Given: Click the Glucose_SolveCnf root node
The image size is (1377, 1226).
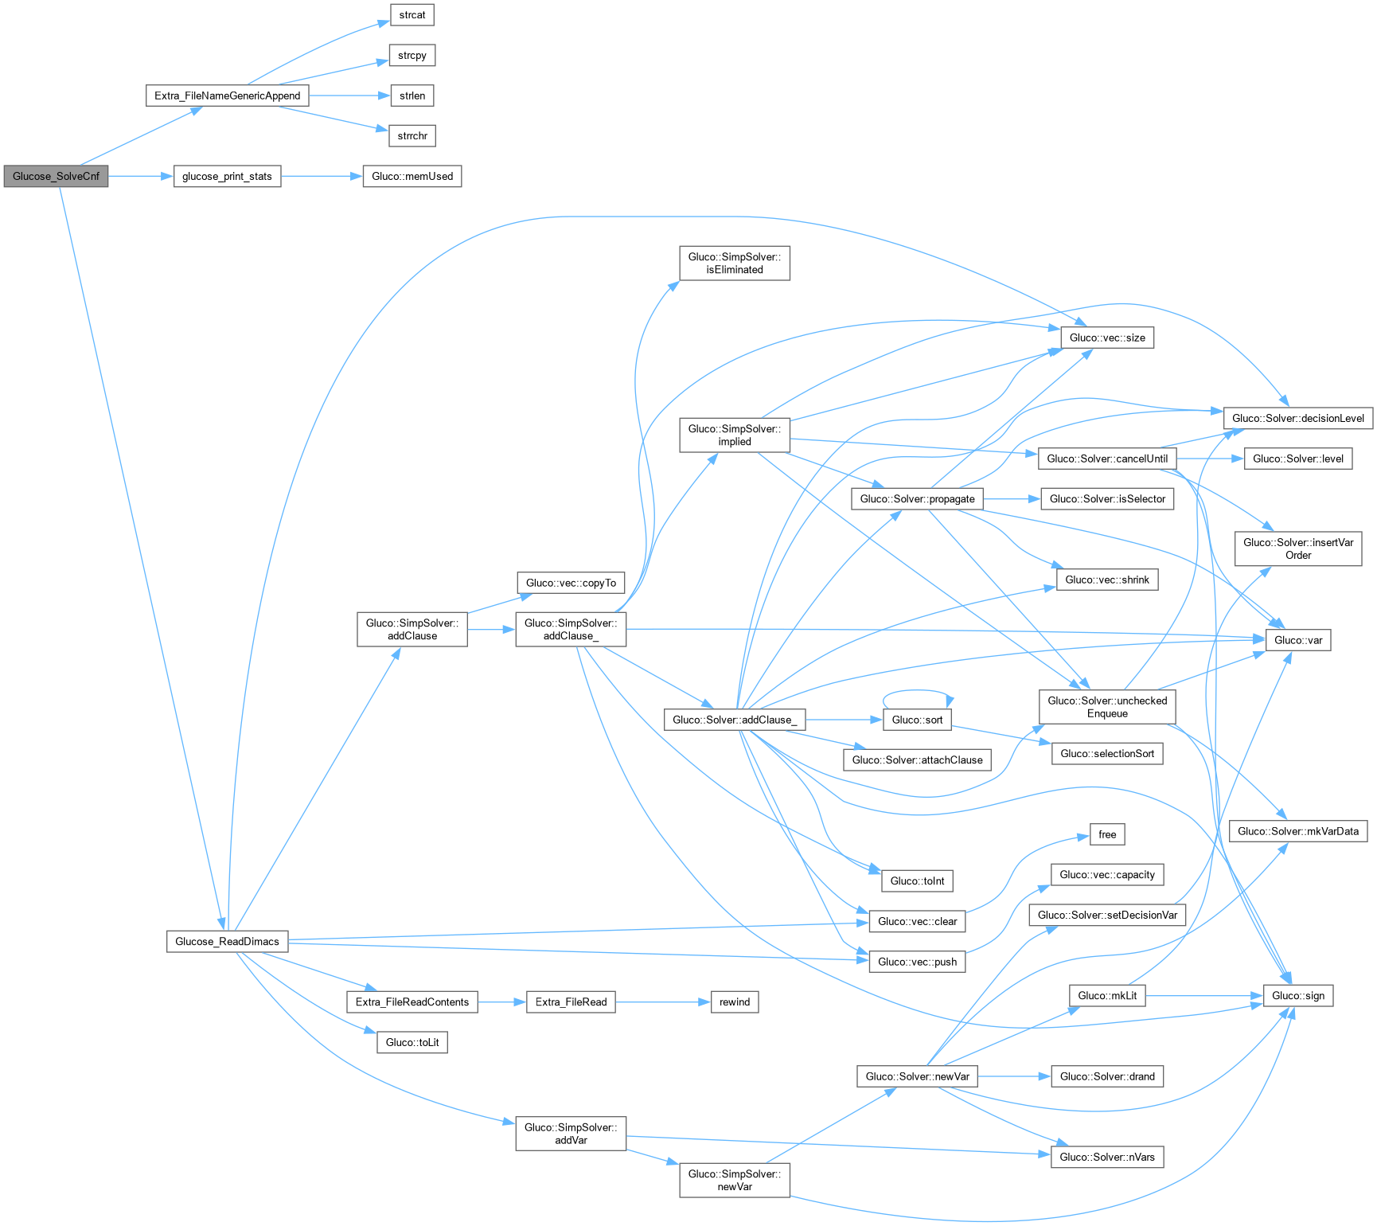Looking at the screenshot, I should point(56,176).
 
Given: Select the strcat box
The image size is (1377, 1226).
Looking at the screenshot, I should point(412,15).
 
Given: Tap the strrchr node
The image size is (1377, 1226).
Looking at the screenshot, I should point(412,136).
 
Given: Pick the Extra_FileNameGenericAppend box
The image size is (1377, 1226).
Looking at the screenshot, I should point(228,96).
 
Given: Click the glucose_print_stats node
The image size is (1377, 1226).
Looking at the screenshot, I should point(227,176).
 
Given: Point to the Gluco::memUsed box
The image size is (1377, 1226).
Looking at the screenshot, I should point(412,176).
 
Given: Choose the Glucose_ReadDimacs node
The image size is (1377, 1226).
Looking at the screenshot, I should point(227,941).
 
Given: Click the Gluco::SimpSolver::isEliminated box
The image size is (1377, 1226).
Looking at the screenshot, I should point(735,263).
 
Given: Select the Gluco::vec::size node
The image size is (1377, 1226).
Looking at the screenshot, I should point(1107,338).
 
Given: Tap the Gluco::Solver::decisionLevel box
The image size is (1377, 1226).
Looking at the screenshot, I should point(1298,418).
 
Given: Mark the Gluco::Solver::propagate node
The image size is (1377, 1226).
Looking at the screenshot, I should point(917,498).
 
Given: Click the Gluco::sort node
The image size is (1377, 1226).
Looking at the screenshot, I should point(917,720).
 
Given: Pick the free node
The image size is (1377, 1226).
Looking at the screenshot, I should point(1107,834).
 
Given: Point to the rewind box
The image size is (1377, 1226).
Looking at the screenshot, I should point(735,1001).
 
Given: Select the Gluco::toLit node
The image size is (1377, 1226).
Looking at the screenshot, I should point(412,1042).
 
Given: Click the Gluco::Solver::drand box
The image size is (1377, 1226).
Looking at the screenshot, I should point(1107,1076).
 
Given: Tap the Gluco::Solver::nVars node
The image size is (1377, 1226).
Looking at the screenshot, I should point(1107,1157).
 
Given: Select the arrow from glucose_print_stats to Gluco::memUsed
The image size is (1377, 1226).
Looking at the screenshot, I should point(322,176).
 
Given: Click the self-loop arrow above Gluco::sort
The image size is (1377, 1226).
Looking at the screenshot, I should point(917,691).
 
